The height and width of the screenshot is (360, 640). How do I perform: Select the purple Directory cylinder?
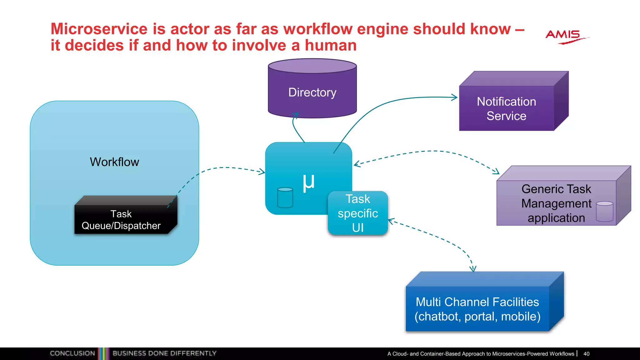pos(312,91)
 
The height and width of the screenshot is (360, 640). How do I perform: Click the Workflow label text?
pos(114,162)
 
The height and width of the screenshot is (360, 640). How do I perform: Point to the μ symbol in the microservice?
pos(308,182)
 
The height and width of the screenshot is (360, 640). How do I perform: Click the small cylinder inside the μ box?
pos(285,197)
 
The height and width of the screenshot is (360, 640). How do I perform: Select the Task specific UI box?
pos(358,213)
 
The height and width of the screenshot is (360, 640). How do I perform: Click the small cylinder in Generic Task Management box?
pos(604,212)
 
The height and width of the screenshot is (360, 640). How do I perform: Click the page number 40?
pos(586,354)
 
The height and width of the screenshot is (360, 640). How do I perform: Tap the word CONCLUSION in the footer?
pos(72,353)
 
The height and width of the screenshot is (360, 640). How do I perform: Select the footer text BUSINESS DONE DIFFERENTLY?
pos(164,353)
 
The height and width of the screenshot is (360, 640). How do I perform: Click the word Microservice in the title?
pos(99,29)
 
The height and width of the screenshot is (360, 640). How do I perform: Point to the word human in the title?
pos(331,45)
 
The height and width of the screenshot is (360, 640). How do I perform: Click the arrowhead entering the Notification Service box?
pos(455,97)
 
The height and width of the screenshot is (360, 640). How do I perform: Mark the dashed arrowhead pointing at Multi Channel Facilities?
pos(473,269)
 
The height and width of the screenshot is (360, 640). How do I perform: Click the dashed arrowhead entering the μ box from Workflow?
pos(262,172)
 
